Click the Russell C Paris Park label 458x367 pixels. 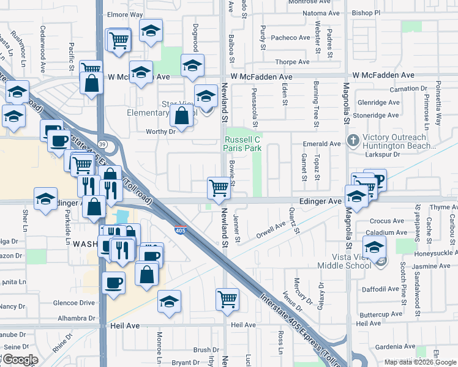[x=244, y=144]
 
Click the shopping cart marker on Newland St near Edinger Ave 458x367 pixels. [x=219, y=188]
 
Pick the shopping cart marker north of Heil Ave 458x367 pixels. [x=227, y=300]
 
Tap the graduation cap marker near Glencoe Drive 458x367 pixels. [x=170, y=302]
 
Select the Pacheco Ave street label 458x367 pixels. [x=291, y=38]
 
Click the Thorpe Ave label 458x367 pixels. [x=292, y=62]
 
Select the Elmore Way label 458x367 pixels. [x=125, y=14]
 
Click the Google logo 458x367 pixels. [x=20, y=360]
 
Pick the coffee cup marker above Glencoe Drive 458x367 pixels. [x=113, y=283]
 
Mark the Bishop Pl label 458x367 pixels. [x=367, y=12]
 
